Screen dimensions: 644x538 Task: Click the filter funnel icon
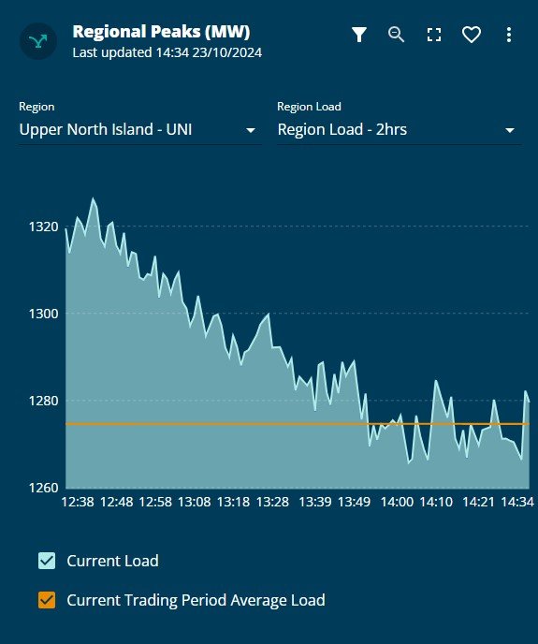click(359, 35)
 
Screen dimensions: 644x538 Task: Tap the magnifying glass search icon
click(397, 35)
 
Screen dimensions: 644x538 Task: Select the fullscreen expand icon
click(434, 35)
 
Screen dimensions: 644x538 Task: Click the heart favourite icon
click(472, 35)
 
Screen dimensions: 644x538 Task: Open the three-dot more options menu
click(509, 35)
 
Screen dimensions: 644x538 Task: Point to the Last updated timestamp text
click(167, 52)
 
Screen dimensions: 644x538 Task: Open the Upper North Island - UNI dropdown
click(138, 130)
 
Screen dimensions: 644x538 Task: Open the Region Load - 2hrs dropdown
click(398, 130)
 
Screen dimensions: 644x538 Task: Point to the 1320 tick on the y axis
click(45, 227)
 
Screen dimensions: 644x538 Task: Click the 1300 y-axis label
click(45, 314)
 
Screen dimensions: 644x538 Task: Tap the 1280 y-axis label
click(45, 401)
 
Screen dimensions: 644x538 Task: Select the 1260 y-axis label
click(45, 488)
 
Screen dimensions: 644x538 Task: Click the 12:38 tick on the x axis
click(77, 503)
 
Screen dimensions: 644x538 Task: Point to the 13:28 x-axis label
click(271, 503)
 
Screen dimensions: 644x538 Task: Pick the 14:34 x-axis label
click(516, 503)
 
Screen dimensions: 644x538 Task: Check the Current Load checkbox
click(47, 561)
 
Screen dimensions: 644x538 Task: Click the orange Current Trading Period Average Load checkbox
click(47, 600)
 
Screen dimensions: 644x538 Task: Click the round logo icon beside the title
click(39, 41)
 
